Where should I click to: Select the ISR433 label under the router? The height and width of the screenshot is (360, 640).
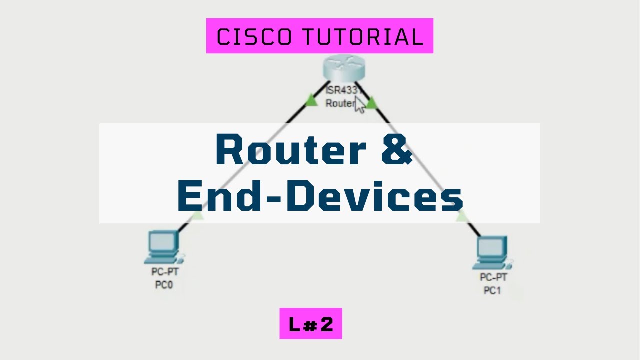click(341, 90)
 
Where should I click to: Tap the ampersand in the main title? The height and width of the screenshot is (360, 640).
click(397, 150)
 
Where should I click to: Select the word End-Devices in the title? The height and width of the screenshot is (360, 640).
click(320, 196)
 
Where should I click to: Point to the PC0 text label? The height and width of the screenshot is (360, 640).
click(164, 286)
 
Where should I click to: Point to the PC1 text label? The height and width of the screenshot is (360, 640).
click(492, 290)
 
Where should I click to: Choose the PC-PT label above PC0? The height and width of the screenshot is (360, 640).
click(165, 273)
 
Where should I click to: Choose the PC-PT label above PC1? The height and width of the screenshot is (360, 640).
click(493, 277)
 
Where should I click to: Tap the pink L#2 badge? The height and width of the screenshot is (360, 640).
click(311, 324)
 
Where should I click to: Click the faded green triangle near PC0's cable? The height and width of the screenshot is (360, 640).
click(198, 216)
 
